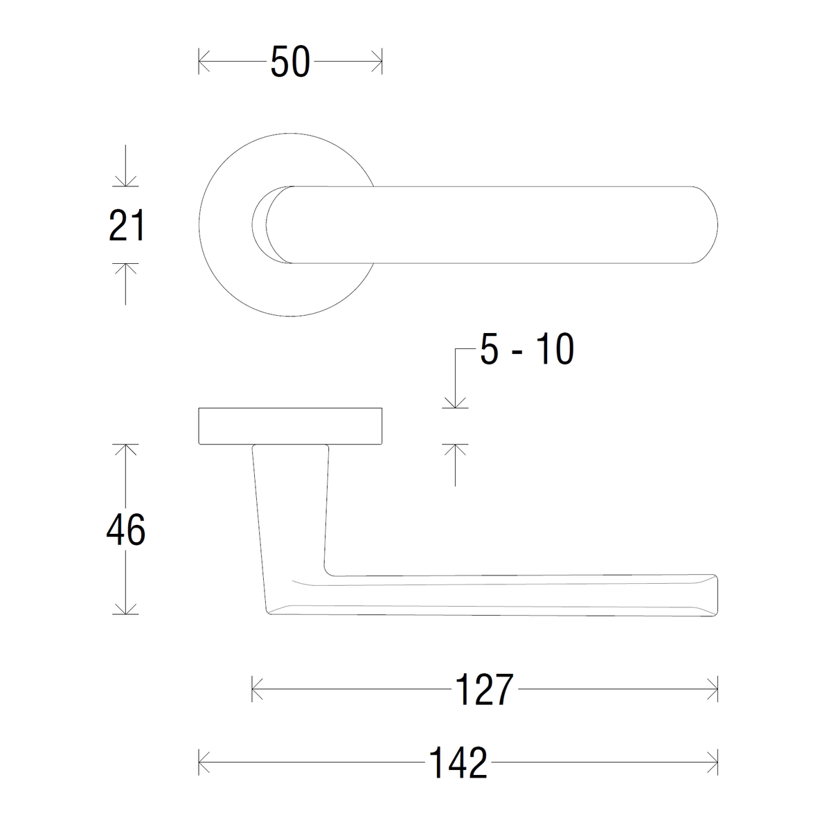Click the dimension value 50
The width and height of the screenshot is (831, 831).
coord(289,62)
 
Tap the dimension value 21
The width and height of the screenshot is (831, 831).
coord(127,226)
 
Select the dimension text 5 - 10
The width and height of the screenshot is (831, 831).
coord(527,350)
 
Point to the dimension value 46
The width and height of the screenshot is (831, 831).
coord(125,530)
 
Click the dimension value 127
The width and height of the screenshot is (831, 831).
coord(485,690)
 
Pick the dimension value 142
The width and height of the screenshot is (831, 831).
coord(458,762)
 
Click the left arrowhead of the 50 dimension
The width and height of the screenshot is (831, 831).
coord(202,62)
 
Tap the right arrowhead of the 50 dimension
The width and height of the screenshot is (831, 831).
coord(378,62)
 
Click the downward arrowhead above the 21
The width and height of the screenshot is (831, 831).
coord(125,181)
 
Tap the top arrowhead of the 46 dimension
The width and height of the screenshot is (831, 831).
coord(125,449)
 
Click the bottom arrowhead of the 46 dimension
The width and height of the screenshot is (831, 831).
coord(125,609)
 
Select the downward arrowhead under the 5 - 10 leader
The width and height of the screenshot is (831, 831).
coord(454,403)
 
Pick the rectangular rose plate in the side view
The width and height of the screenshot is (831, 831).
coord(290,426)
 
